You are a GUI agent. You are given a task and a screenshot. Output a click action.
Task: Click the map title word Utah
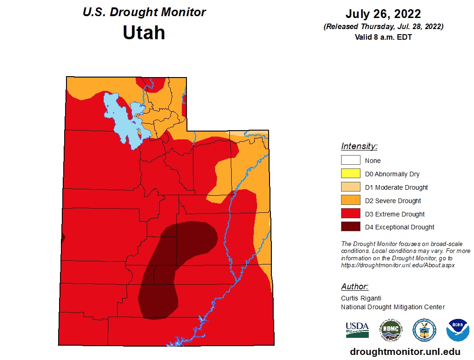pyautogui.click(x=144, y=33)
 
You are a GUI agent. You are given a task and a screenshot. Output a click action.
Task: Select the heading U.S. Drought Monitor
pyautogui.click(x=144, y=12)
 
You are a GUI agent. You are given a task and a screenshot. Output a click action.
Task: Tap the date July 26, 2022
pyautogui.click(x=383, y=14)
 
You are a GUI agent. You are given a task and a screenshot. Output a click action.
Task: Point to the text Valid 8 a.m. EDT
pyautogui.click(x=383, y=37)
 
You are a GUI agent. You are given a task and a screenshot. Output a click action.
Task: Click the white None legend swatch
pyautogui.click(x=350, y=161)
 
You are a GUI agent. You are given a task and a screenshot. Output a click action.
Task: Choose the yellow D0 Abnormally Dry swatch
pyautogui.click(x=350, y=174)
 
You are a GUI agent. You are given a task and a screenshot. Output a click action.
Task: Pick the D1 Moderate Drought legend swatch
pyautogui.click(x=350, y=187)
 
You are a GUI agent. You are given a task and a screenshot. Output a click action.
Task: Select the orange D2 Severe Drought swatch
pyautogui.click(x=350, y=201)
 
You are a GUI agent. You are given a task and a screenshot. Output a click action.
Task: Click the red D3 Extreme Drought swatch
pyautogui.click(x=350, y=214)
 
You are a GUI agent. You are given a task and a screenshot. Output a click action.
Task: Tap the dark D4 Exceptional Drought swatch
pyautogui.click(x=350, y=227)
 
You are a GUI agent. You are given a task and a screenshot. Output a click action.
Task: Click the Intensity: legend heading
pyautogui.click(x=359, y=147)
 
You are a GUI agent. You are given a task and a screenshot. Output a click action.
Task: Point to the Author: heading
pyautogui.click(x=354, y=287)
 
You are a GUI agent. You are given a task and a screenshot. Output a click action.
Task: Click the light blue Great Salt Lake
pyautogui.click(x=119, y=115)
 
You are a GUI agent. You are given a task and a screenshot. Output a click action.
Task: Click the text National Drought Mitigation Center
pyautogui.click(x=393, y=307)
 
